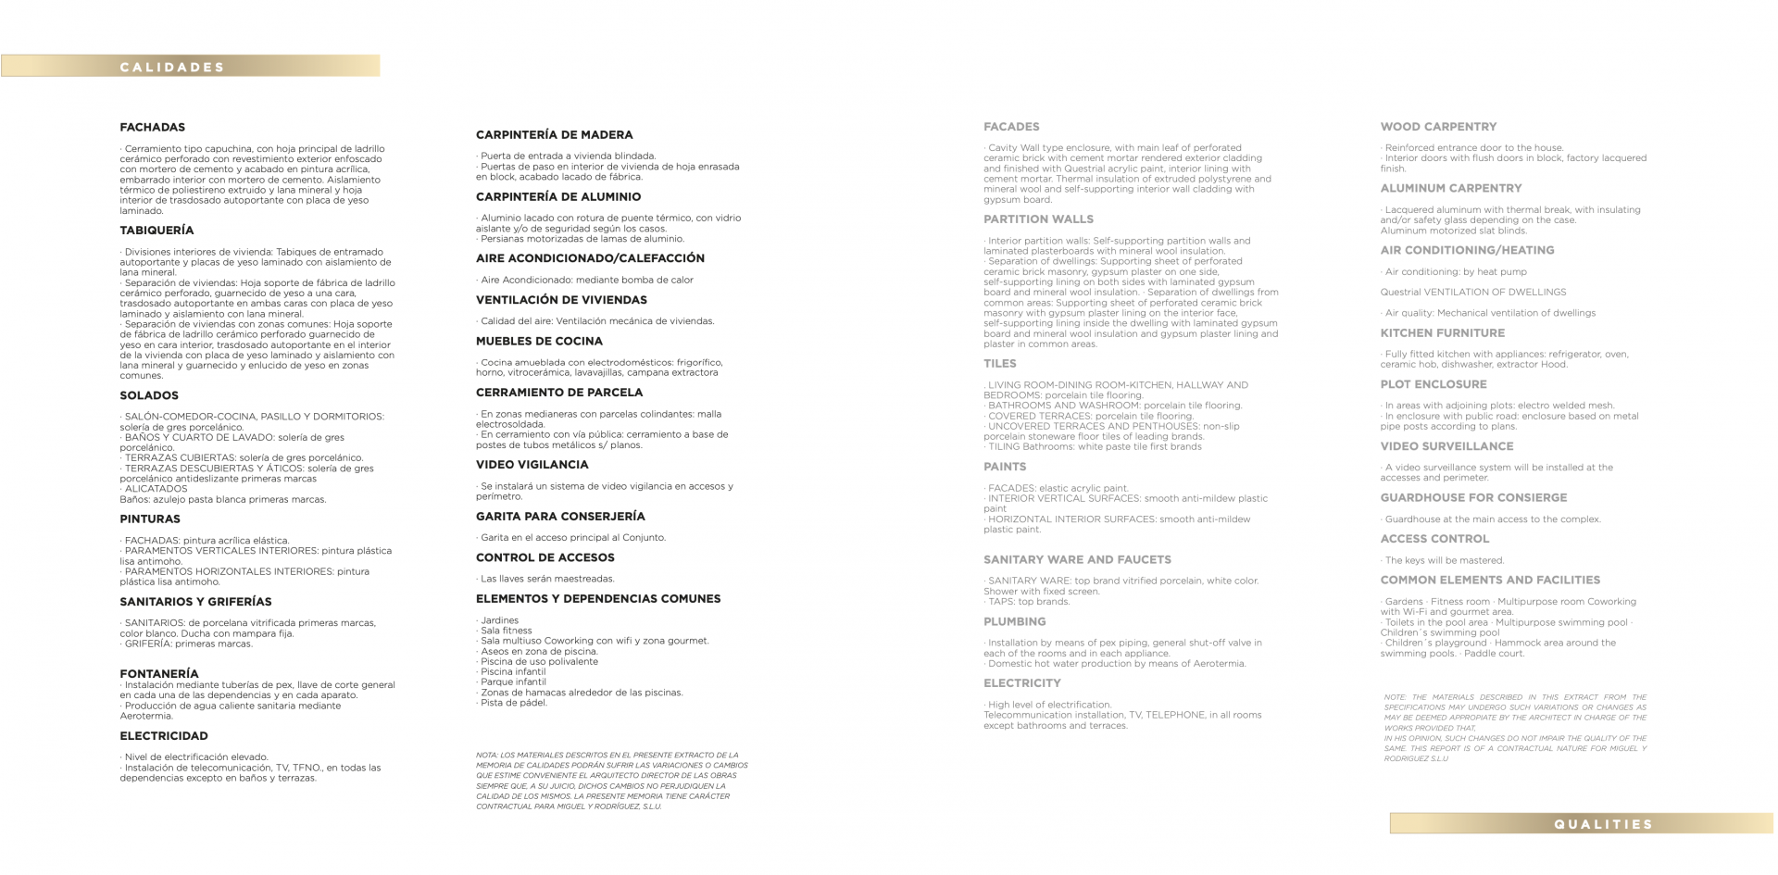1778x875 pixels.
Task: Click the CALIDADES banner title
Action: [x=172, y=67]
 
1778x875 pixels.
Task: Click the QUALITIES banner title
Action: [x=1603, y=824]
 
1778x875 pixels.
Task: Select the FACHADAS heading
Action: [x=153, y=128]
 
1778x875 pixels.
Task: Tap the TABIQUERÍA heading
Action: [x=157, y=231]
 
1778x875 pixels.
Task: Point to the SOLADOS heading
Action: [x=149, y=395]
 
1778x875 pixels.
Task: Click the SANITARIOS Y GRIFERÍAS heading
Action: [x=195, y=602]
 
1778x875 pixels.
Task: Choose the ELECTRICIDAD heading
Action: [x=164, y=736]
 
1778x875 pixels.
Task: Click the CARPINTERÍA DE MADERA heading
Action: [x=554, y=135]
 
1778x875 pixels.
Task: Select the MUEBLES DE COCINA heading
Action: [x=539, y=342]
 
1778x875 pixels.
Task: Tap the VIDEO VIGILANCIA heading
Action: [x=532, y=465]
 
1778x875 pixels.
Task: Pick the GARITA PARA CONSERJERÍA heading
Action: [x=560, y=517]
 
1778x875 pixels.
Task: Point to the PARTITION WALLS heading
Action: [x=1038, y=219]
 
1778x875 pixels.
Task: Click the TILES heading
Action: [x=1000, y=364]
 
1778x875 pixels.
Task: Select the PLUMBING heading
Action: [x=1014, y=622]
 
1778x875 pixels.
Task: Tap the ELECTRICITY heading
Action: [x=1022, y=683]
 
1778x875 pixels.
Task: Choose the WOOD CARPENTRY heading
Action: [x=1438, y=127]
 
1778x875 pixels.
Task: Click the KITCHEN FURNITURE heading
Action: [x=1442, y=333]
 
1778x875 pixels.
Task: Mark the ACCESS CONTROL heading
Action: [x=1434, y=539]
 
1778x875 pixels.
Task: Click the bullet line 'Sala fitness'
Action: [x=506, y=631]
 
